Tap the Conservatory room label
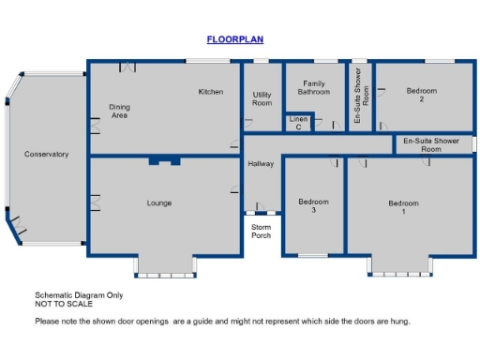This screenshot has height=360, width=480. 46,155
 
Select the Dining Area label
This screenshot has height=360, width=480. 119,112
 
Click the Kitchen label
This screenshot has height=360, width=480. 210,92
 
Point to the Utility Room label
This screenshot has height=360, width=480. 262,98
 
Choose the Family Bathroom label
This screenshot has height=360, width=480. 314,88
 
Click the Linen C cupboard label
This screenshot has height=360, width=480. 298,123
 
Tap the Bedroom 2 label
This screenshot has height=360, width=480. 421,95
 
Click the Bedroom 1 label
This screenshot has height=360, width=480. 403,207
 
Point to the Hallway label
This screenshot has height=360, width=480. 261,164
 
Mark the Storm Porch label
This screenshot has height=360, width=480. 261,231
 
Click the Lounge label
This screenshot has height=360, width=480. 158,202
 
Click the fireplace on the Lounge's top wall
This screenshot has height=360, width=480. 164,161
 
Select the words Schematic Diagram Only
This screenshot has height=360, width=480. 79,295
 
